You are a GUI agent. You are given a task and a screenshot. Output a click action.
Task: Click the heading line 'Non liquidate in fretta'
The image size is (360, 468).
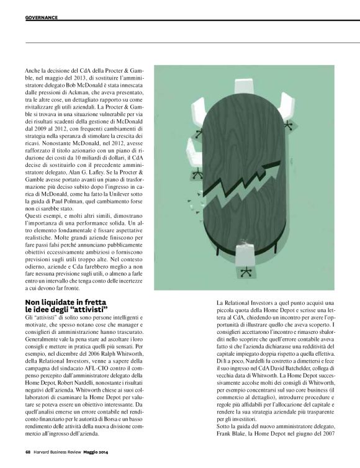pyautogui.click(x=64, y=302)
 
